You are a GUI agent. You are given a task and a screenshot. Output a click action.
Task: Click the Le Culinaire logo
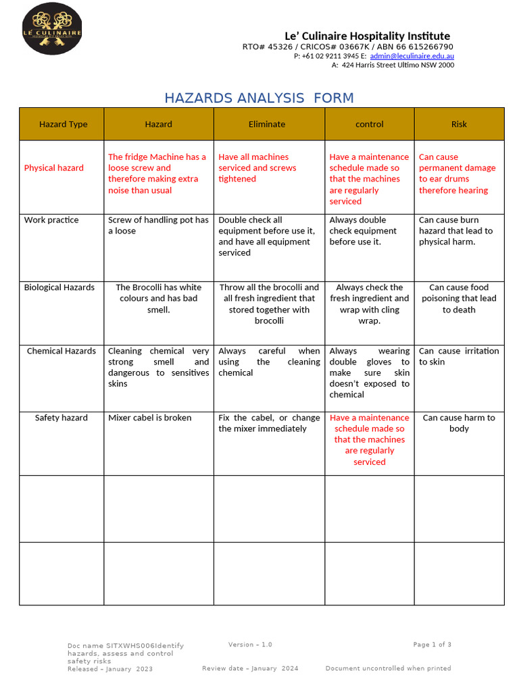click(x=52, y=29)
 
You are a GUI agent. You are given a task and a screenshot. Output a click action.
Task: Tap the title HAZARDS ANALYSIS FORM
click(x=259, y=98)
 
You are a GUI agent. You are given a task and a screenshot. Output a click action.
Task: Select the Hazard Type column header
click(x=63, y=124)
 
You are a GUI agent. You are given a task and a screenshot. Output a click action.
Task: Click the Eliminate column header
click(x=267, y=124)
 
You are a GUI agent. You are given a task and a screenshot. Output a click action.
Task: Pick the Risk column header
click(x=459, y=124)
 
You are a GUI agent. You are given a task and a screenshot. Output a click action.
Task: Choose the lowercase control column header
click(x=369, y=124)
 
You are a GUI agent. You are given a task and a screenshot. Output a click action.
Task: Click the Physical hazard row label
click(x=54, y=168)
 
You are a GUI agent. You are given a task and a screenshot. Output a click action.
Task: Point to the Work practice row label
click(x=51, y=220)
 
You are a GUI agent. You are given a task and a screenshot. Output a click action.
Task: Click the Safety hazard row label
click(x=61, y=418)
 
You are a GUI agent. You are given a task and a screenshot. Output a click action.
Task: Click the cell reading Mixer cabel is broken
click(x=149, y=418)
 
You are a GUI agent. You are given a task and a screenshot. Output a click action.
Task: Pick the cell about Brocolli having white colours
click(x=158, y=298)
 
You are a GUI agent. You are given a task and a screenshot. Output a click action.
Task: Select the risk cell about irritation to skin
click(x=459, y=356)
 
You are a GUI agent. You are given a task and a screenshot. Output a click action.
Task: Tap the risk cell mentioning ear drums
click(x=458, y=173)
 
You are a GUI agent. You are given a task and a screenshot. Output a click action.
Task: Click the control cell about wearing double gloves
click(x=369, y=372)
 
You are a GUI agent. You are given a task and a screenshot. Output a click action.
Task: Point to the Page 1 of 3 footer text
click(x=432, y=644)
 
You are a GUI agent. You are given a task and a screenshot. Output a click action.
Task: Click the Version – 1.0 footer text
click(x=250, y=644)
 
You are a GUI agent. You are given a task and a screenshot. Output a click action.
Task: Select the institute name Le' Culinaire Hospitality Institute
click(x=367, y=36)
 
